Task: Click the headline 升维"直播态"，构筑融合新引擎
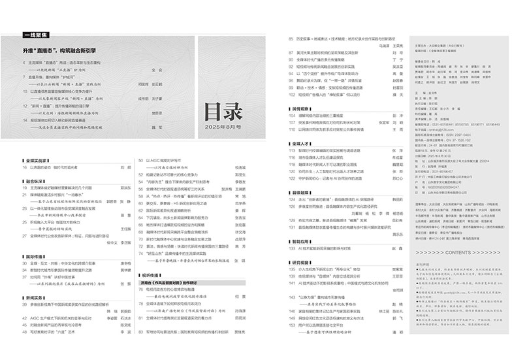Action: point(59,50)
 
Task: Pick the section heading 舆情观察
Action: point(300,108)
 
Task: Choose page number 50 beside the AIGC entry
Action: point(140,159)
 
